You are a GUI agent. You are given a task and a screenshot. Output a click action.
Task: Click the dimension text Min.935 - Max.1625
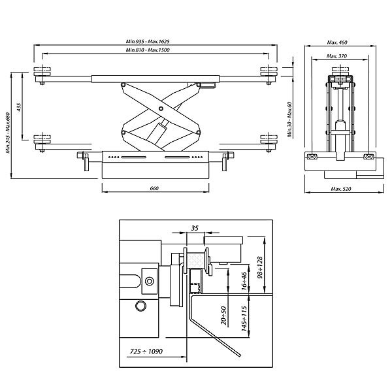[x=155, y=41]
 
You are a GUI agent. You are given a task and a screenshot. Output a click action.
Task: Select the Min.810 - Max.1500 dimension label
[x=155, y=50]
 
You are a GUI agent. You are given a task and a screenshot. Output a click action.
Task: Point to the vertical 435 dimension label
[x=20, y=107]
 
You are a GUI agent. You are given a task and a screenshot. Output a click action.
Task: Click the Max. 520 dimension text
[x=341, y=189]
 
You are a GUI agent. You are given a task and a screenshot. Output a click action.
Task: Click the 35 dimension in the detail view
[x=195, y=228]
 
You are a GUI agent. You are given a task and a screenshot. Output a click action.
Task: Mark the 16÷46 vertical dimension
[x=243, y=282]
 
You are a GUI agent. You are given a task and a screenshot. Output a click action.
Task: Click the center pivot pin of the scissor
[x=160, y=109]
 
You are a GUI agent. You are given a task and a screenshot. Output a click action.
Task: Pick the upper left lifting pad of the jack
[x=43, y=71]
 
